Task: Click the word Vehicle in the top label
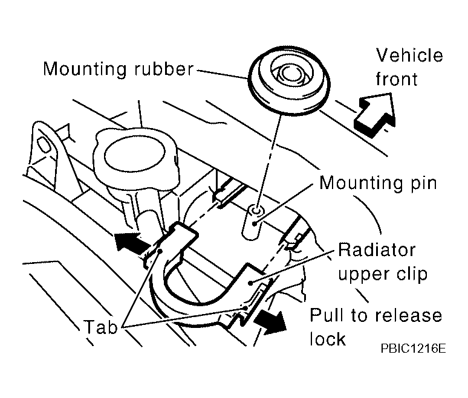pyautogui.click(x=409, y=56)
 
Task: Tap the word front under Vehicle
pyautogui.click(x=397, y=79)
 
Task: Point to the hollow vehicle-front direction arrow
pyautogui.click(x=374, y=114)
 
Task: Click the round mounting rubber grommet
pyautogui.click(x=289, y=80)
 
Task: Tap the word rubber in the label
pyautogui.click(x=164, y=69)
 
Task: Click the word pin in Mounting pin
pyautogui.click(x=423, y=184)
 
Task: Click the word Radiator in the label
pyautogui.click(x=377, y=251)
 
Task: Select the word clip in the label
pyautogui.click(x=412, y=274)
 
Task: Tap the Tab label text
pyautogui.click(x=100, y=327)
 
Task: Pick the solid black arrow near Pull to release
pyautogui.click(x=270, y=323)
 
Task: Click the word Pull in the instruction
pyautogui.click(x=327, y=315)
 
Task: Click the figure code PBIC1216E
pyautogui.click(x=413, y=348)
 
